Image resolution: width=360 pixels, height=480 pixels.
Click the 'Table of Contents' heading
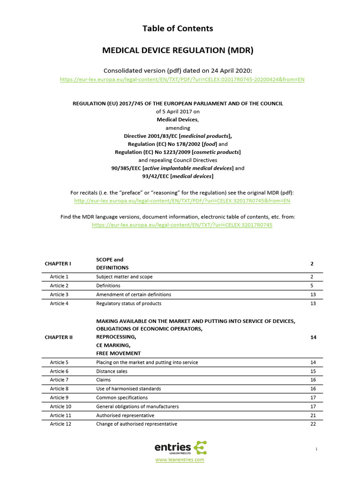coord(178,29)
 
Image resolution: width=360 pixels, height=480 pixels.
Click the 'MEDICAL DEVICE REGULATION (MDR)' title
coord(178,50)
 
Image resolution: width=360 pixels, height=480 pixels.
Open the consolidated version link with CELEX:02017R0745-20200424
coord(182,80)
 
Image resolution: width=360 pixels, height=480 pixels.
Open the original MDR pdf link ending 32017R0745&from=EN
coord(182,201)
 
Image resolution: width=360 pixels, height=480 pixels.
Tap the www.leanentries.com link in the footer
coord(180,460)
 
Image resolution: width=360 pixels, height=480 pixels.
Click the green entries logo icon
coord(200,447)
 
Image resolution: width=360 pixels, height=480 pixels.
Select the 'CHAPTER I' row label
coord(58,263)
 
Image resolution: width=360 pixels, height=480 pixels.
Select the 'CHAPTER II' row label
coord(59,337)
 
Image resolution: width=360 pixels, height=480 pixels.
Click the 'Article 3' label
coord(59,294)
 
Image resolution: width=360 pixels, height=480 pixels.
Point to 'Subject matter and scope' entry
coord(124,277)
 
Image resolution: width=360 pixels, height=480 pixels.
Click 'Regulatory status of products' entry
coord(128,303)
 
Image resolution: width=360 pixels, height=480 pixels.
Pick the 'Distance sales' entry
coord(112,371)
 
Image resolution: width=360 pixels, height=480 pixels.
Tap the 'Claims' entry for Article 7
coord(104,380)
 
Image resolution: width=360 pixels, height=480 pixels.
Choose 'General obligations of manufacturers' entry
coord(137,406)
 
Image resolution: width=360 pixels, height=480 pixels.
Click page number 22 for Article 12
coord(313,424)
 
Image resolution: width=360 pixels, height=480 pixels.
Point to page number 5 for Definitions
coord(312,285)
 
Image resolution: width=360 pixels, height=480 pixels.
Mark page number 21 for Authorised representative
coord(313,415)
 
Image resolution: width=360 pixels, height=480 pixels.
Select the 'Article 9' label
coord(59,397)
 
